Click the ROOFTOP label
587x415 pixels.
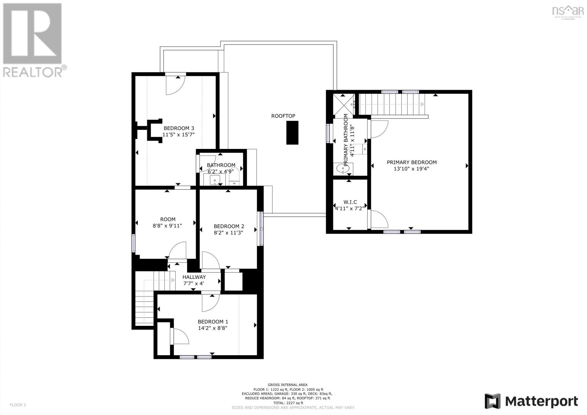tap(283, 116)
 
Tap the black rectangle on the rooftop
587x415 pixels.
tap(292, 132)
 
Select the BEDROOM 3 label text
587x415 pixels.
tap(179, 128)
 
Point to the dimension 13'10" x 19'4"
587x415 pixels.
tap(411, 169)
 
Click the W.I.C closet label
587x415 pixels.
tap(350, 202)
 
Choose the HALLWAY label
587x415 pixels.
tap(194, 277)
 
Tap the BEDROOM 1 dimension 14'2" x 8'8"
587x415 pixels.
tap(213, 328)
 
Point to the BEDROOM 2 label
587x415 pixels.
tap(229, 226)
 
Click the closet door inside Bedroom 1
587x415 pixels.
tap(180, 336)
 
